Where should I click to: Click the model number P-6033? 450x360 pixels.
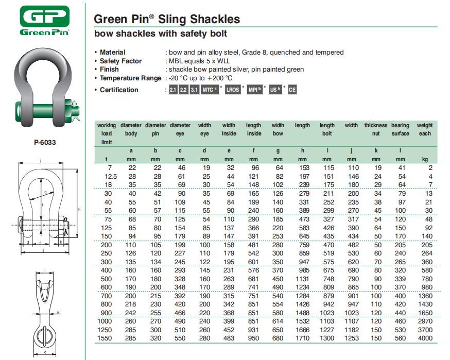click(x=45, y=143)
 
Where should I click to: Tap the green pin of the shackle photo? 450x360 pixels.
click(x=47, y=110)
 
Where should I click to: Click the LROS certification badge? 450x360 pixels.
click(x=233, y=90)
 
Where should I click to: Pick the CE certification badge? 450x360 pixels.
click(x=292, y=90)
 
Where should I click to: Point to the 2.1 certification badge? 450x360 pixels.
click(x=173, y=90)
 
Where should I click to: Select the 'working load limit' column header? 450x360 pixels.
click(x=107, y=133)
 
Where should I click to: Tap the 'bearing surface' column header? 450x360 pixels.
click(x=400, y=129)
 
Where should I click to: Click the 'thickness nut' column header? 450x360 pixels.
click(x=376, y=129)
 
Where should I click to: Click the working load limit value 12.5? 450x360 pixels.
click(x=106, y=177)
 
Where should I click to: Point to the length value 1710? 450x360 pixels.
click(x=302, y=338)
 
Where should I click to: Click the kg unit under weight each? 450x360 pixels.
click(x=425, y=160)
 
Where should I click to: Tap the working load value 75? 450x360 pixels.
click(x=108, y=219)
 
